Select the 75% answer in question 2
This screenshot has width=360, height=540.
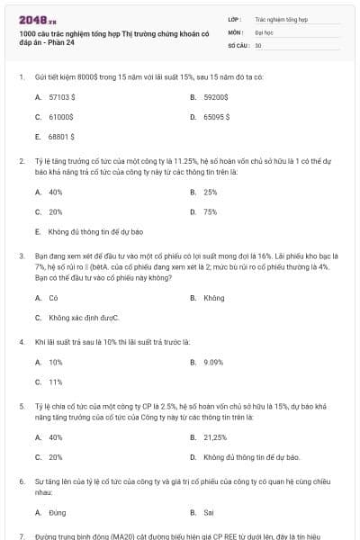[x=210, y=211]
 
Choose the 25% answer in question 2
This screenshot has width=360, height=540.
[x=210, y=192]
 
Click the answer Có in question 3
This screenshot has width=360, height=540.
[x=53, y=297]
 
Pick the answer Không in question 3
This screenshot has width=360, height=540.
[x=214, y=297]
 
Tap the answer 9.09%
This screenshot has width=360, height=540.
[x=213, y=362]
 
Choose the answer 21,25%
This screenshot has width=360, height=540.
[x=215, y=436]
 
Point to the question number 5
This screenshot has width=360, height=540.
[x=22, y=406]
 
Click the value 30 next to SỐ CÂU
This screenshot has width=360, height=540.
[x=258, y=43]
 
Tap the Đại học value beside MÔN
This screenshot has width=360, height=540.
[x=263, y=31]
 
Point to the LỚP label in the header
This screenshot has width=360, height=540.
[x=235, y=18]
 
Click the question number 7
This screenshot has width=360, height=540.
[x=22, y=535]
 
